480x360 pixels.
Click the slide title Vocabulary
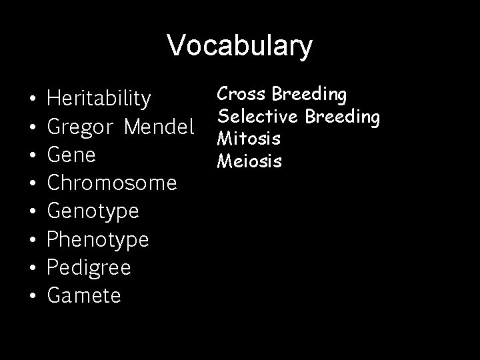[x=239, y=45]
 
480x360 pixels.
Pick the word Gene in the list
[x=72, y=154]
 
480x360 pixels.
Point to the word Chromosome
[x=112, y=182]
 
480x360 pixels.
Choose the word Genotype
[x=93, y=211]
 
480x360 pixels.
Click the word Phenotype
[x=99, y=239]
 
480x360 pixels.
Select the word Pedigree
[x=89, y=267]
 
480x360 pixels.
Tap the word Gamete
[x=85, y=295]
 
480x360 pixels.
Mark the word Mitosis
[x=249, y=139]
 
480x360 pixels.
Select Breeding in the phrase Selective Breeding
[x=342, y=117]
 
